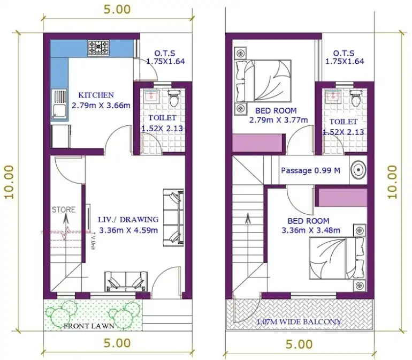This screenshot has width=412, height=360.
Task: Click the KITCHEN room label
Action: click(96, 95)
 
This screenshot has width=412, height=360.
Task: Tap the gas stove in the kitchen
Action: click(98, 47)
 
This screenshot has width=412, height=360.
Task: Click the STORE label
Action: click(64, 209)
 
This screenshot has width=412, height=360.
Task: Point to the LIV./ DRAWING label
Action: click(128, 219)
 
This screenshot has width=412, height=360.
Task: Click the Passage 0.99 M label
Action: click(311, 170)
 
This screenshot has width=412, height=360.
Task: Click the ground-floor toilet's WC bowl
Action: click(173, 98)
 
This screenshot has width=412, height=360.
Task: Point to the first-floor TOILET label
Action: click(343, 122)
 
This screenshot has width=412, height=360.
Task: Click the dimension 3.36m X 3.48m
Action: click(308, 231)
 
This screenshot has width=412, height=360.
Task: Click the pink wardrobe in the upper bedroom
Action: click(258, 144)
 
